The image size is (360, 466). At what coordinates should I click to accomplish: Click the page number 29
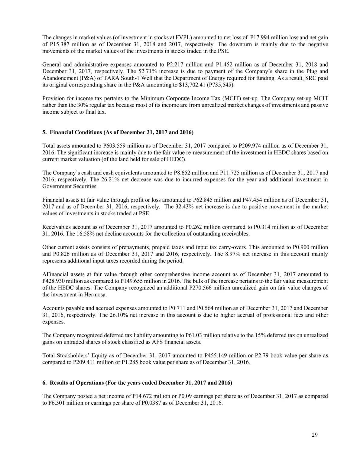coord(315,435)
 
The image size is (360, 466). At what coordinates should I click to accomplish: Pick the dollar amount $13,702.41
coord(192,85)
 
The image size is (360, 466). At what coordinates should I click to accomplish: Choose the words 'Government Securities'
coord(70,186)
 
